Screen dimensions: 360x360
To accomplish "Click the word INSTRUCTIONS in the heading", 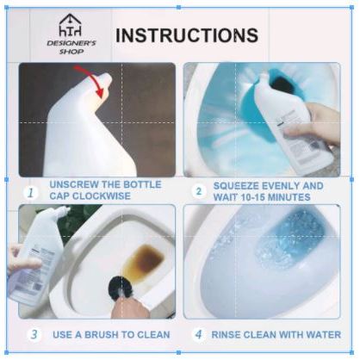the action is [x=187, y=35].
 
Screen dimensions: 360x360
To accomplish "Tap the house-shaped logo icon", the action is [x=71, y=25].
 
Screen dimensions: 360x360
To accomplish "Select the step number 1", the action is [x=31, y=193].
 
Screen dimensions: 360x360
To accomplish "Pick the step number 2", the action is [x=199, y=191].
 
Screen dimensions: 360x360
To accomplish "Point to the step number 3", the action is [x=34, y=334].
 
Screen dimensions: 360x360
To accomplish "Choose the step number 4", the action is [x=199, y=334].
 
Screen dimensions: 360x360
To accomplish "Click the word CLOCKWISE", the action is [x=102, y=196].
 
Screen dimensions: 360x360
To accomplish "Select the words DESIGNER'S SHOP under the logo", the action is [x=71, y=47].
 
